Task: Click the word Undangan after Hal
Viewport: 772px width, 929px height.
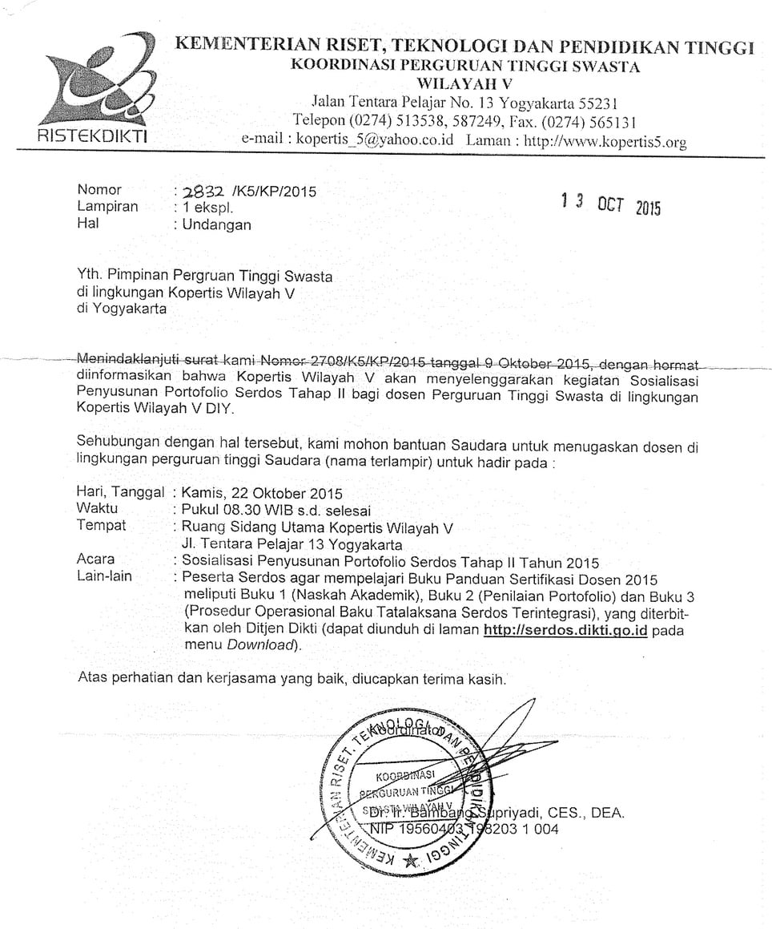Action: tap(216, 225)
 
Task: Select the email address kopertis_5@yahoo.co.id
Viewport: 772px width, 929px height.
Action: tap(376, 139)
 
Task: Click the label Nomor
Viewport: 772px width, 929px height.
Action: tap(99, 190)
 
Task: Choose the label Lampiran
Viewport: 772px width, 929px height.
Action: tap(107, 207)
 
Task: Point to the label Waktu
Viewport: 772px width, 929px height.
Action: tap(97, 509)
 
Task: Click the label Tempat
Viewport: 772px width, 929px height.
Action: tap(101, 526)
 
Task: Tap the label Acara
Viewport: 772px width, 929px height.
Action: tap(95, 559)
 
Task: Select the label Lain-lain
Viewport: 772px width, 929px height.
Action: tap(104, 576)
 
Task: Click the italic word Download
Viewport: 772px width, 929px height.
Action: tap(259, 645)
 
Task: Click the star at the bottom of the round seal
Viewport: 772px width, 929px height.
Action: tap(411, 861)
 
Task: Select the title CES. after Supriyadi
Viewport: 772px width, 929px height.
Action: tap(571, 813)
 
